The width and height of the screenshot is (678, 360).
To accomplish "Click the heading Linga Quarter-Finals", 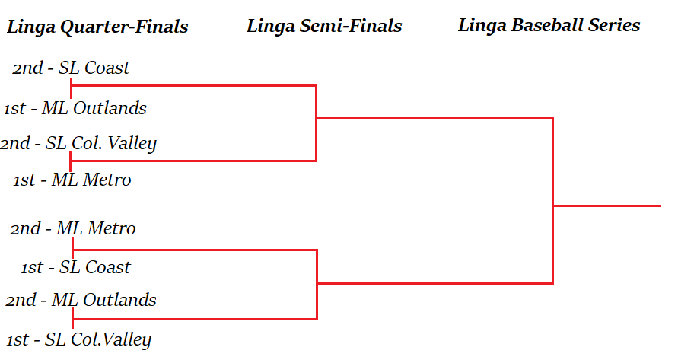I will pyautogui.click(x=97, y=27).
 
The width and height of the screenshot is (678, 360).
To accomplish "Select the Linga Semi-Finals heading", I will pyautogui.click(x=324, y=26).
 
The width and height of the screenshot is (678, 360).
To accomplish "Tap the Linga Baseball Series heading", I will pyautogui.click(x=549, y=25).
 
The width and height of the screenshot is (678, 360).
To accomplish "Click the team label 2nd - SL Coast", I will pyautogui.click(x=71, y=68).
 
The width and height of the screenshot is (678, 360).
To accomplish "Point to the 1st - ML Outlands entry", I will pyautogui.click(x=75, y=108).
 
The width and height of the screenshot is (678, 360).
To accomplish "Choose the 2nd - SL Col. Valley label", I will pyautogui.click(x=78, y=143).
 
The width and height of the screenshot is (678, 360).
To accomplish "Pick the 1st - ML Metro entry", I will pyautogui.click(x=72, y=180).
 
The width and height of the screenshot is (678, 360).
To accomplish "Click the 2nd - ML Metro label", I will pyautogui.click(x=72, y=228).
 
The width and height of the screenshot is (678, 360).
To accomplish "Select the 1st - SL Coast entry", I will pyautogui.click(x=75, y=267).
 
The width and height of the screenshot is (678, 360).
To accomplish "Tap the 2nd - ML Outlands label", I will pyautogui.click(x=81, y=300).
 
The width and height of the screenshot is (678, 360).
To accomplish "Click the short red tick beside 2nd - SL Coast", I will pyautogui.click(x=71, y=87).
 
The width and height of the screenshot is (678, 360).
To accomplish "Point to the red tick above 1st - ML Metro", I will pyautogui.click(x=71, y=161).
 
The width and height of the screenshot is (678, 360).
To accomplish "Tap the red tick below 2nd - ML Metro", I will pyautogui.click(x=72, y=247).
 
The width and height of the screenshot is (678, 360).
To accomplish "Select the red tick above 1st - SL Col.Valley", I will pyautogui.click(x=72, y=318).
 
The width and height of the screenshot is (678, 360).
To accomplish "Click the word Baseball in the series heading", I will pyautogui.click(x=548, y=25).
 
